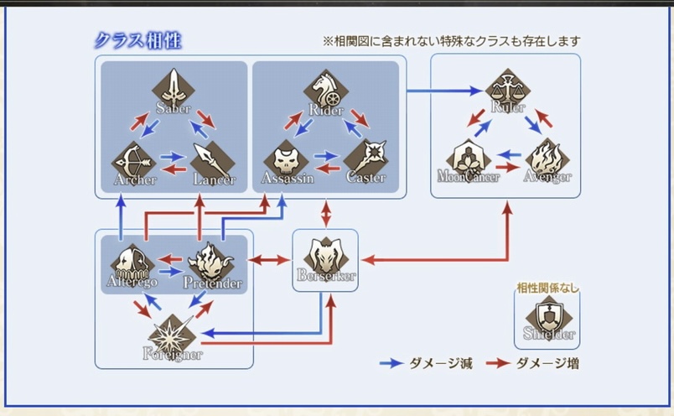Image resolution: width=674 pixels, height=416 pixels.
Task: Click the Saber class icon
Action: (174, 87)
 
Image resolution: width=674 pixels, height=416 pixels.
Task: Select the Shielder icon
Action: (546, 316)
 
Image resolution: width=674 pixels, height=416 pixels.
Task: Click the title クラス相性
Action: (137, 40)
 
